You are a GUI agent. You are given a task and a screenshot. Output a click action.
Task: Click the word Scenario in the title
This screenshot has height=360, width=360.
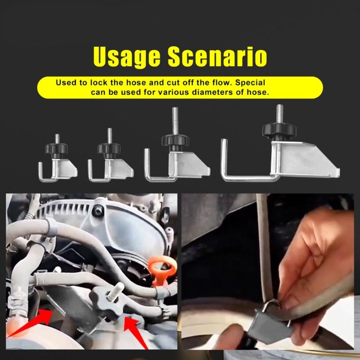pos(217,58)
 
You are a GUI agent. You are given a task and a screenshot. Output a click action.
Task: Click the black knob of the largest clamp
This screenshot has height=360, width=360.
pos(279,131)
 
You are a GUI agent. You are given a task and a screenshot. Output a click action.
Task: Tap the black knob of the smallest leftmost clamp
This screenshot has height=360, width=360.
pos(57,148)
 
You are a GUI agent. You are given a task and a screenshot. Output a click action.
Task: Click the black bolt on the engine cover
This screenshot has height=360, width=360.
pos(96,209)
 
